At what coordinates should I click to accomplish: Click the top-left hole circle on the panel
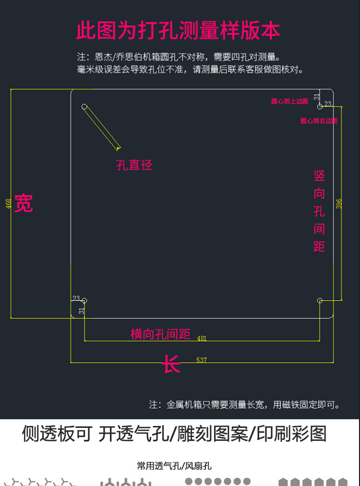point(84,106)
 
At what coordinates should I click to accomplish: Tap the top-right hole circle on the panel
point(320,106)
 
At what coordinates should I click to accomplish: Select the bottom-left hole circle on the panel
point(84,301)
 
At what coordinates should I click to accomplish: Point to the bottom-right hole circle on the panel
point(320,301)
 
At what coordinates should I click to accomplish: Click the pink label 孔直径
point(134,165)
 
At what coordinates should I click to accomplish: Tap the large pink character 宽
point(23,203)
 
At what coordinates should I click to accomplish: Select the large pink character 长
point(171,364)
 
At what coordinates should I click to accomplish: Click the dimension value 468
point(9,203)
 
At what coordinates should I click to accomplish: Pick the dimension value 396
point(339,203)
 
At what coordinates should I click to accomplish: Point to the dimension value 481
point(202,338)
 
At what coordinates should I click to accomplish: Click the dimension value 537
point(202,360)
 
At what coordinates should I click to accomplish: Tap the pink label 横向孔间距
point(160,334)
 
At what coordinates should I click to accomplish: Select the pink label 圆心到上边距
point(289,101)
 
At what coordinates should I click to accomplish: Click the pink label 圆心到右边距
point(319,121)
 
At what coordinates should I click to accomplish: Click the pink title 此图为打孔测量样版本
point(178,31)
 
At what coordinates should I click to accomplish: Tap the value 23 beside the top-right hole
point(328,103)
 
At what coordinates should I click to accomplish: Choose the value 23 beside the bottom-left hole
point(76,298)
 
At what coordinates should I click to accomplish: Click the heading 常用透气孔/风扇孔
point(174,466)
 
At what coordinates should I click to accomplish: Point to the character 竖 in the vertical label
point(319,176)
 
